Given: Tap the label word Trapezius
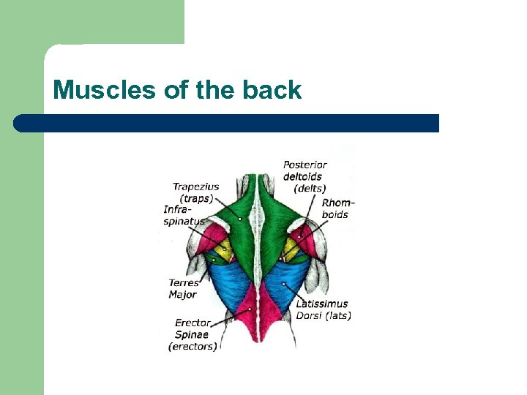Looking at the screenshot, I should pyautogui.click(x=195, y=187).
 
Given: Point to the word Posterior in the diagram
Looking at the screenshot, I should pyautogui.click(x=305, y=165).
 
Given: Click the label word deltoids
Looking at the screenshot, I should pyautogui.click(x=302, y=176).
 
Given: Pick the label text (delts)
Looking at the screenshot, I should pyautogui.click(x=310, y=188).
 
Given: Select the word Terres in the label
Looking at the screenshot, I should pyautogui.click(x=184, y=282).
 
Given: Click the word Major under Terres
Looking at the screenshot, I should pyautogui.click(x=183, y=294).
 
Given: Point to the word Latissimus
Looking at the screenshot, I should pyautogui.click(x=322, y=304).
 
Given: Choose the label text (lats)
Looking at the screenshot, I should pyautogui.click(x=338, y=316).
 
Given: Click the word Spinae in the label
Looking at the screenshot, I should pyautogui.click(x=192, y=334).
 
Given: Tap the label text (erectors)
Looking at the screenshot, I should pyautogui.click(x=193, y=346).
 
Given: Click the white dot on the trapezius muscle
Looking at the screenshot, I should pyautogui.click(x=240, y=200).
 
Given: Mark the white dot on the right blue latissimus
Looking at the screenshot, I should pyautogui.click(x=283, y=283).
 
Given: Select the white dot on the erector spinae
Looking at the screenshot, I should pyautogui.click(x=250, y=309).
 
